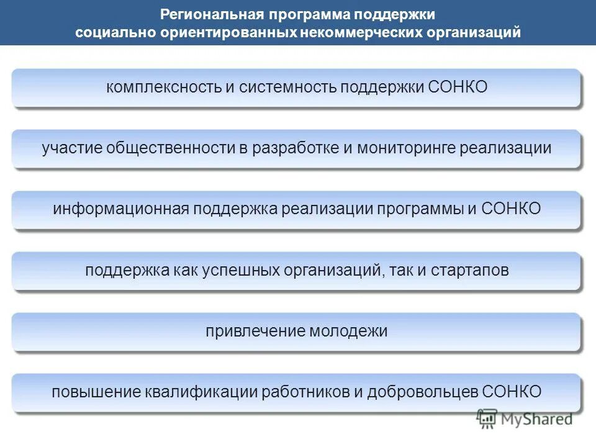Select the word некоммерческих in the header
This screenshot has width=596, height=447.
(x=360, y=32)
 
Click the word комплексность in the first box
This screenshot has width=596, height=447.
(x=163, y=87)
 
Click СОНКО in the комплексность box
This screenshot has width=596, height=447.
(x=458, y=87)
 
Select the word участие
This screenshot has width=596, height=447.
(x=71, y=148)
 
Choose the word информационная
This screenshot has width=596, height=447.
(x=120, y=209)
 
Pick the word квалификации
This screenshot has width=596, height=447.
(x=201, y=392)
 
